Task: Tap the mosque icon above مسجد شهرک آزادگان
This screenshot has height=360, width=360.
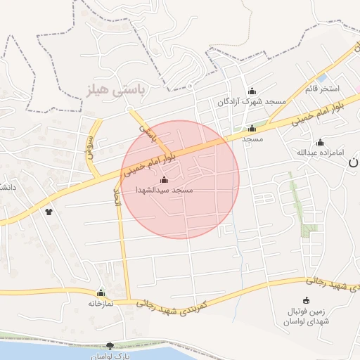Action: [x=252, y=91]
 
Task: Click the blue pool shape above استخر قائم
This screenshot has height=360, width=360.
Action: [x=321, y=77]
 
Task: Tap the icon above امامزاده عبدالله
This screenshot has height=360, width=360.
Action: [x=321, y=142]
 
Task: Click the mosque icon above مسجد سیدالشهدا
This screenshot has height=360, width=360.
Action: [x=165, y=180]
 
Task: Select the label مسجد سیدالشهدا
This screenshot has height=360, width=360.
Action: [x=165, y=191]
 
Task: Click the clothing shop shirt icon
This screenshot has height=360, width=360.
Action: [x=49, y=211]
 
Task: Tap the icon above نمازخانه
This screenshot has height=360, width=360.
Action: [x=101, y=292]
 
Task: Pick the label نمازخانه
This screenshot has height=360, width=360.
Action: [x=101, y=304]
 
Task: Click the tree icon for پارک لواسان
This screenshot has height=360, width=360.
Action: [x=109, y=345]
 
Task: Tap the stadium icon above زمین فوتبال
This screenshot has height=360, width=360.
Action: [x=305, y=300]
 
